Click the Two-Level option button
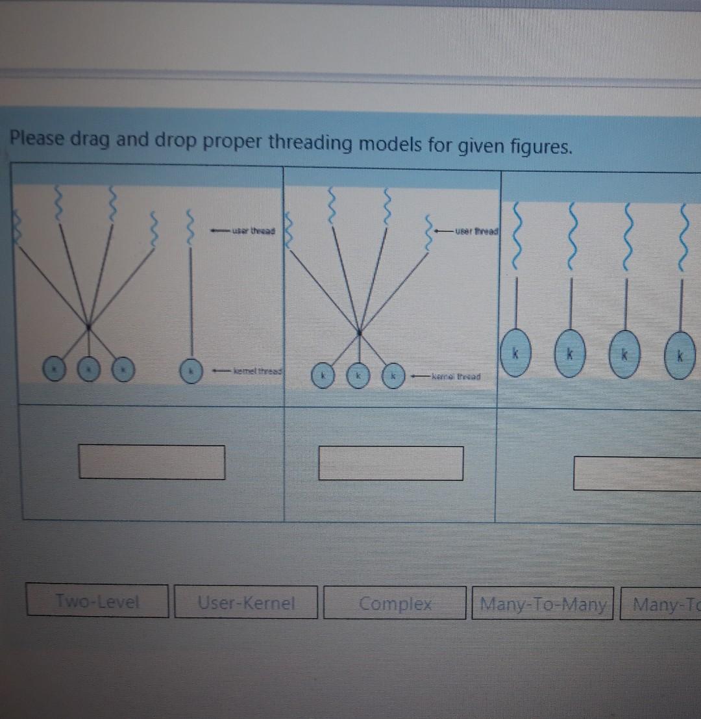point(97,601)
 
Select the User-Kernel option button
point(246,603)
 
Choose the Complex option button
point(395,603)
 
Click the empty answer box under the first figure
point(153,462)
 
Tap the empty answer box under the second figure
point(391,463)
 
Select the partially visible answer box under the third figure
point(637,473)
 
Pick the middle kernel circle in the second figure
point(356,375)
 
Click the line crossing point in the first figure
point(88,323)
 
